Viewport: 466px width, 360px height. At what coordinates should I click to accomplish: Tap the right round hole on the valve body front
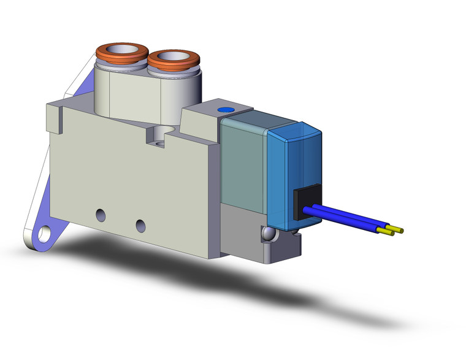tap(141, 223)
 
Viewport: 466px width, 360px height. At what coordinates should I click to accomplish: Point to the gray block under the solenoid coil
tap(242, 227)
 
